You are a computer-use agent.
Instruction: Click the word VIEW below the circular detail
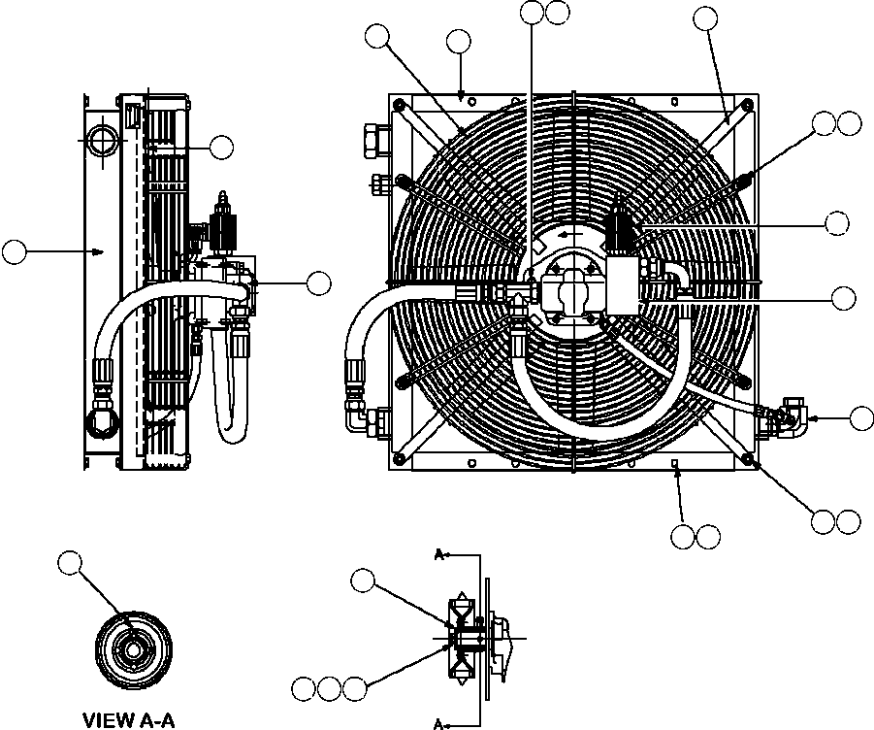tap(106, 720)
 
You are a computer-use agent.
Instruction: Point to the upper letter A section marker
tap(438, 555)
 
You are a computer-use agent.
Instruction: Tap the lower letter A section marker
tap(438, 722)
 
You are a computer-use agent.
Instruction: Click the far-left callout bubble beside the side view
tap(14, 251)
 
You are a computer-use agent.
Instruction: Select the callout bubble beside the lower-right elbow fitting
tap(859, 418)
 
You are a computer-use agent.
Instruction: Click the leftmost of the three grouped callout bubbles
tap(305, 689)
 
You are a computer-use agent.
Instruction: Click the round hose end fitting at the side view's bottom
tap(100, 419)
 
